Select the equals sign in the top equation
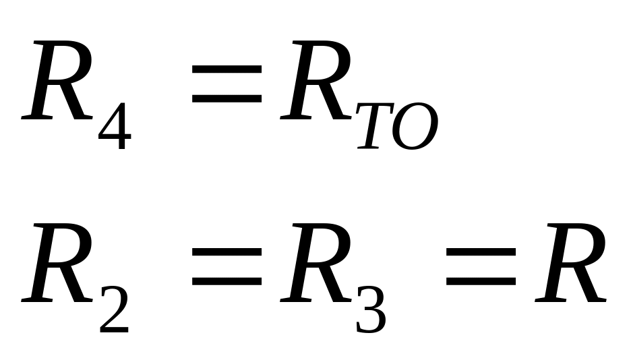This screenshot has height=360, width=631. point(227,85)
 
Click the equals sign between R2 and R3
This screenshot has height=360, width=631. point(227,268)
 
